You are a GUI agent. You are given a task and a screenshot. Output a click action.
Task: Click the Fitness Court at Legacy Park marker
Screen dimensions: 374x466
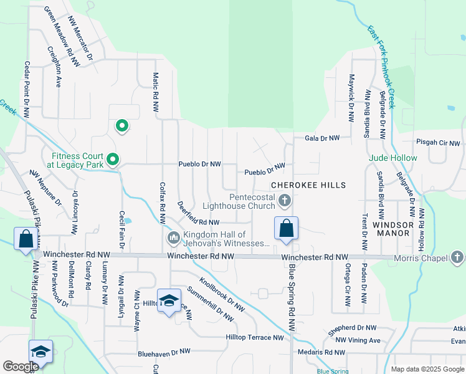click(113, 160)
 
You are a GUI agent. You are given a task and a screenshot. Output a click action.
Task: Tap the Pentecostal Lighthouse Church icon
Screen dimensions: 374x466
click(285, 201)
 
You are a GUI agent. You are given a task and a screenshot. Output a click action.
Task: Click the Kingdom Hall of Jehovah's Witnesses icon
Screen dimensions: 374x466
click(173, 237)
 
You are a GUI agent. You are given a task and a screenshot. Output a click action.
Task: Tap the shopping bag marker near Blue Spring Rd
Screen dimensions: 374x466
click(286, 228)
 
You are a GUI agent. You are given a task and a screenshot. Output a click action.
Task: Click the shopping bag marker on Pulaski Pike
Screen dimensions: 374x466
click(26, 239)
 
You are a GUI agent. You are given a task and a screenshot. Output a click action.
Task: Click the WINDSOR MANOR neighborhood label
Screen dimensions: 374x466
click(392, 228)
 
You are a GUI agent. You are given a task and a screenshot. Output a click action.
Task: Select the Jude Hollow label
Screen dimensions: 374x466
click(392, 158)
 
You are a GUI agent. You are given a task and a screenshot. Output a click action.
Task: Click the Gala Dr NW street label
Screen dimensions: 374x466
click(322, 138)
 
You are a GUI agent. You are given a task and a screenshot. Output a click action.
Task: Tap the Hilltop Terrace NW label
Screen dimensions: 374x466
click(255, 337)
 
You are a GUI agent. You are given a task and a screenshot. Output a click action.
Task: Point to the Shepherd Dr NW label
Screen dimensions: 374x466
click(353, 327)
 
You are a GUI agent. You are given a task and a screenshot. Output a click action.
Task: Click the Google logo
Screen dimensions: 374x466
click(21, 367)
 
